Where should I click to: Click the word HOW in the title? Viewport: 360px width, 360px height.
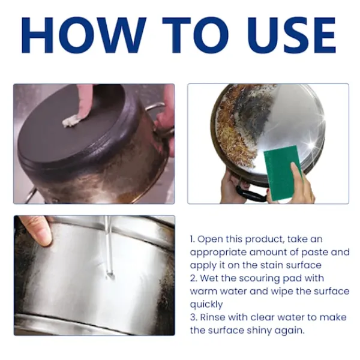point(84,35)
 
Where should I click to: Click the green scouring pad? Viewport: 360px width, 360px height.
point(283,174)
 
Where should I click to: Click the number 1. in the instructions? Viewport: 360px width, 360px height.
point(193,239)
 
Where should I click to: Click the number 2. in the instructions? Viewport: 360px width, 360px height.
point(194,278)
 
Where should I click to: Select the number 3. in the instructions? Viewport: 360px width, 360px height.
point(194,317)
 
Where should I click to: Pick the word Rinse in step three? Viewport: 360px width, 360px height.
point(212,317)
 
